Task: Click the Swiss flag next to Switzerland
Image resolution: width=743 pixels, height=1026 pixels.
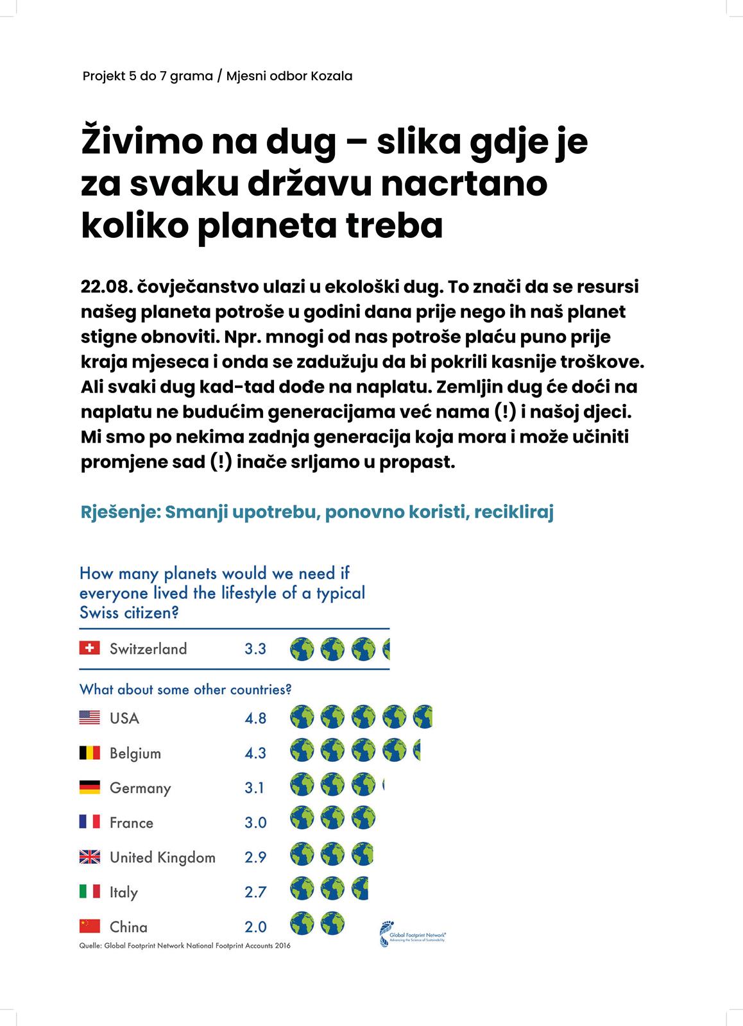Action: (89, 648)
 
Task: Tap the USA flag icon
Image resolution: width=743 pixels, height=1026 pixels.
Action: (89, 718)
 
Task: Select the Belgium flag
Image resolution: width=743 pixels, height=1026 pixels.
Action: (89, 752)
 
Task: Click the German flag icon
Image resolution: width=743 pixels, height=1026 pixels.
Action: (89, 787)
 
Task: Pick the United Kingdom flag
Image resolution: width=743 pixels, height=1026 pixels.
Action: (89, 857)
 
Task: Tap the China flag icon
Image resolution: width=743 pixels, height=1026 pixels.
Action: (89, 926)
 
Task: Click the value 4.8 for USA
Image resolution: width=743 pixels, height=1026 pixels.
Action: (255, 718)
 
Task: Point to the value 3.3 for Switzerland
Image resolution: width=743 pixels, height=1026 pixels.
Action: (255, 649)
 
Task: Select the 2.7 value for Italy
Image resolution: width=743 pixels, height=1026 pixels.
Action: (255, 892)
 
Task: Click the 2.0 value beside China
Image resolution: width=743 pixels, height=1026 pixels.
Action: (255, 927)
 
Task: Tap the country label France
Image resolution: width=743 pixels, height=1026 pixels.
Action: (132, 823)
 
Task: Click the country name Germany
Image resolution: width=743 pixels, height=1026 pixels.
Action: (140, 788)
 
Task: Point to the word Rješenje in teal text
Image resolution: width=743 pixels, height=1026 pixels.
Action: (120, 513)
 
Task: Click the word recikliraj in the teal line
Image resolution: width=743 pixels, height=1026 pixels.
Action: (514, 513)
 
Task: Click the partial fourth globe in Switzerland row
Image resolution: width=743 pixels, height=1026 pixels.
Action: (386, 649)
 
